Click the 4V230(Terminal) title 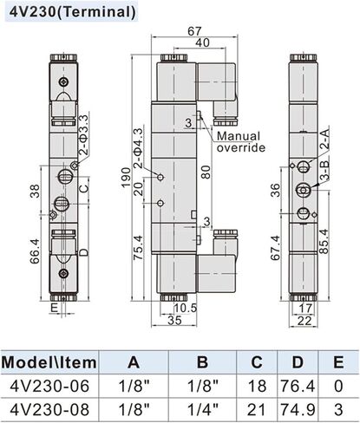pyautogui.click(x=72, y=12)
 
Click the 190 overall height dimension pyautogui.click(x=127, y=177)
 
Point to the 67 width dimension pyautogui.click(x=194, y=31)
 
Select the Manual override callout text pyautogui.click(x=241, y=141)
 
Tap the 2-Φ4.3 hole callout pyautogui.click(x=139, y=148)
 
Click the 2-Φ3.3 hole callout pyautogui.click(x=83, y=135)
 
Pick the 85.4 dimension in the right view pyautogui.click(x=325, y=241)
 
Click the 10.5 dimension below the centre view pyautogui.click(x=185, y=308)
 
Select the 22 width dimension pyautogui.click(x=304, y=321)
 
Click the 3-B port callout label pyautogui.click(x=325, y=171)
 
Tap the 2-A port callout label pyautogui.click(x=325, y=139)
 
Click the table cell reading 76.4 pyautogui.click(x=298, y=386)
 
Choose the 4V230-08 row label pyautogui.click(x=49, y=409)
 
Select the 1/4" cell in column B pyautogui.click(x=203, y=409)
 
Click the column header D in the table pyautogui.click(x=298, y=362)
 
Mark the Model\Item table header pyautogui.click(x=49, y=362)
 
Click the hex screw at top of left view pyautogui.click(x=63, y=82)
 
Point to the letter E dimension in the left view pyautogui.click(x=54, y=308)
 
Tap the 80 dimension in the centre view pyautogui.click(x=206, y=172)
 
